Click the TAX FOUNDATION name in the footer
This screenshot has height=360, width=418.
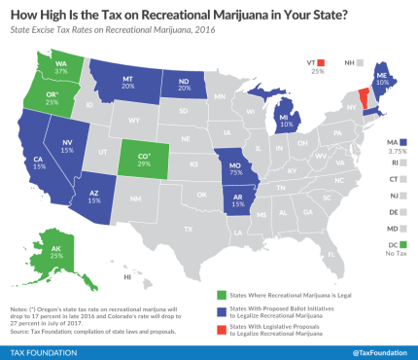(x=43, y=349)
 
